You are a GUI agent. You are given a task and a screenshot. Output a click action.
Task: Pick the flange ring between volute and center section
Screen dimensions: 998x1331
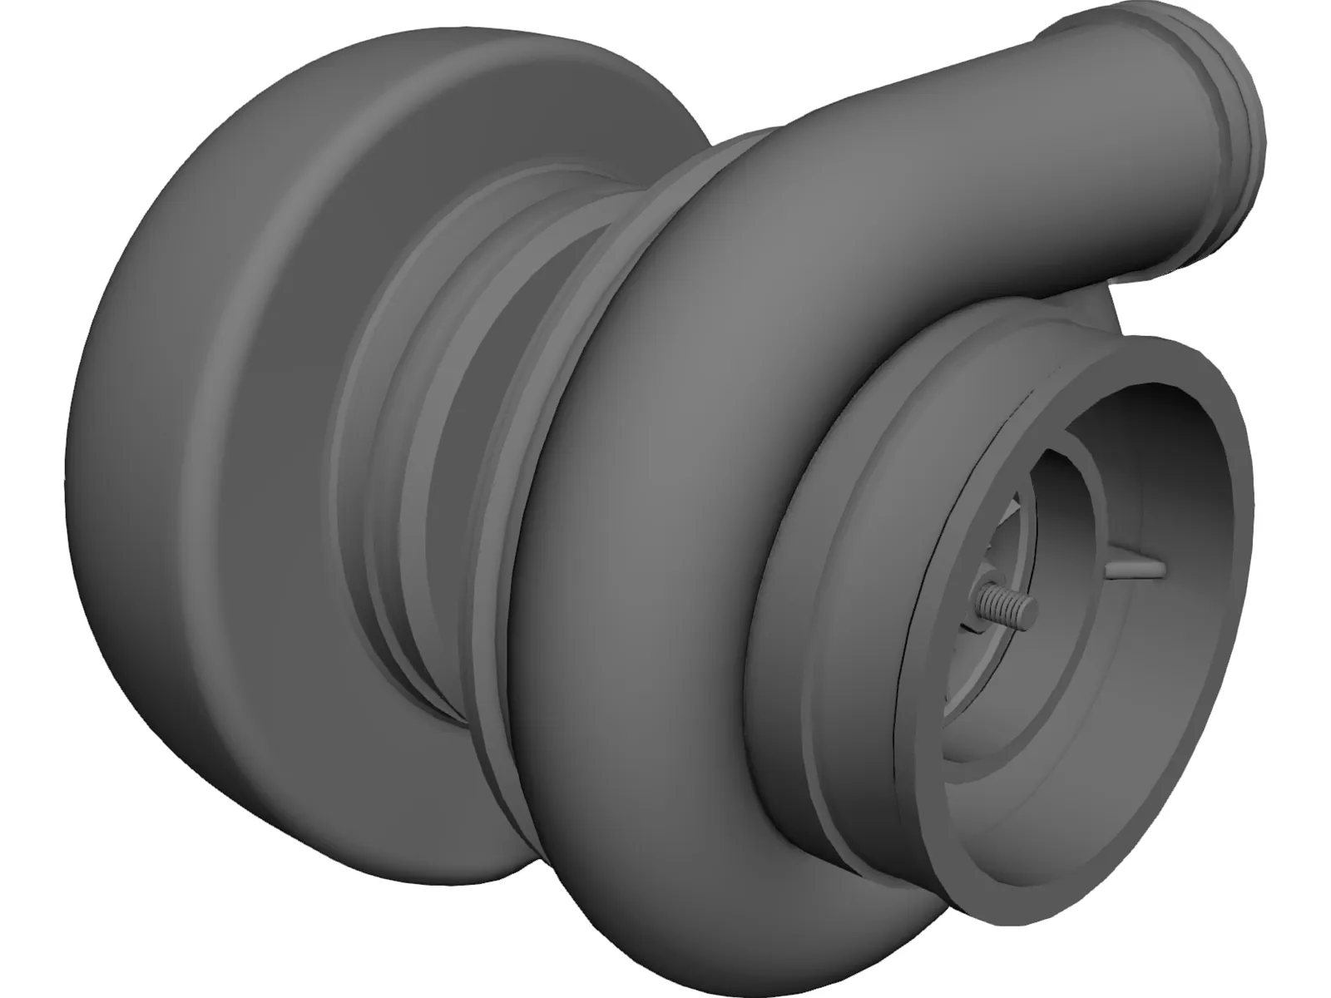click(x=532, y=499)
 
